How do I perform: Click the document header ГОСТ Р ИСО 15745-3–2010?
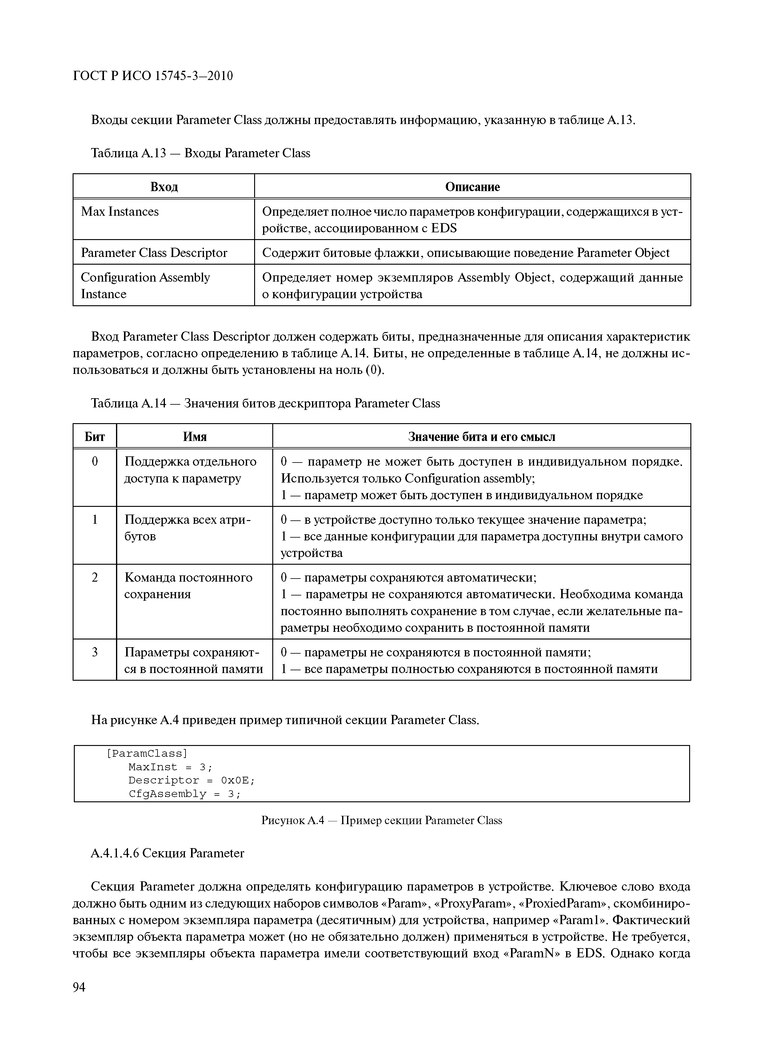pos(153,76)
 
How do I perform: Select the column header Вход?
pos(164,187)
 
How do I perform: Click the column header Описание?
pos(472,187)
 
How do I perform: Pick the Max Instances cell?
pos(120,212)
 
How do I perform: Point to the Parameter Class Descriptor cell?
pos(154,253)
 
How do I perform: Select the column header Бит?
pos(94,437)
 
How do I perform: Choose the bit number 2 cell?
pos(94,578)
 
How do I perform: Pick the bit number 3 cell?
pos(94,652)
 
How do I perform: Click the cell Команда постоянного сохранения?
pos(188,586)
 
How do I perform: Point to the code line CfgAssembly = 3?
pos(185,794)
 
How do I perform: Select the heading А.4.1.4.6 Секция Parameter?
pos(167,853)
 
